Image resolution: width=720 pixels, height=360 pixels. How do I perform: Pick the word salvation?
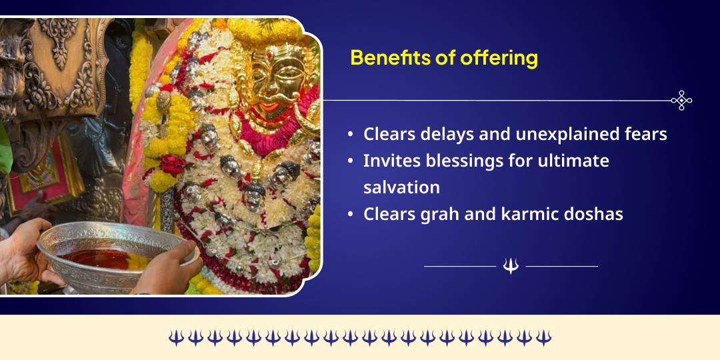pyautogui.click(x=401, y=187)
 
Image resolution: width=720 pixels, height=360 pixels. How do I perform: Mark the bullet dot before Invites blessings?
pyautogui.click(x=351, y=161)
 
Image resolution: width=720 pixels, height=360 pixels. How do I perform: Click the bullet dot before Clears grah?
pyautogui.click(x=351, y=215)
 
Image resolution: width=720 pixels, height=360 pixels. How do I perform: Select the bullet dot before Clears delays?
pyautogui.click(x=351, y=135)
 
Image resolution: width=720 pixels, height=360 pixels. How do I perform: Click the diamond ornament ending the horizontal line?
pyautogui.click(x=681, y=100)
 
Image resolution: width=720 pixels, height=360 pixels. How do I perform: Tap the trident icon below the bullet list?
pyautogui.click(x=511, y=266)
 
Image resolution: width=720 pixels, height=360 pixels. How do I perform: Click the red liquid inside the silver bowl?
pyautogui.click(x=100, y=257)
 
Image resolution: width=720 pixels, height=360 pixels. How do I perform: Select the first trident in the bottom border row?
pyautogui.click(x=175, y=337)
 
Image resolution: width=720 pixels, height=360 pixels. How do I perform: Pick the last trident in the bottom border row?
pyautogui.click(x=544, y=337)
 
